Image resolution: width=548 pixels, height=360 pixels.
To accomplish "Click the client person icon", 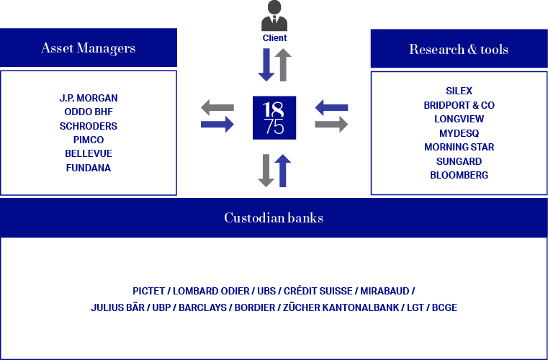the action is (x=274, y=16).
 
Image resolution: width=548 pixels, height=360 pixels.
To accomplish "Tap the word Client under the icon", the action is (x=274, y=37).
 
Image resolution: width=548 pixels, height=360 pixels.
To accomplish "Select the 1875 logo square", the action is (x=274, y=118).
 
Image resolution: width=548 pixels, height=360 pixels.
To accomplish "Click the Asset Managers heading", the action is (x=89, y=48).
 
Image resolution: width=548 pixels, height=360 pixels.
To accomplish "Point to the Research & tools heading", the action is (x=459, y=49).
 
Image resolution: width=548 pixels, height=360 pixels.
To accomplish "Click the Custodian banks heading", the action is (x=274, y=217).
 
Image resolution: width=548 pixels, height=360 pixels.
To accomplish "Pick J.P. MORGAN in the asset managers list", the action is (x=89, y=98).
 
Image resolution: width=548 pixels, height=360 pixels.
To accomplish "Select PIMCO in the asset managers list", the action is (x=89, y=140).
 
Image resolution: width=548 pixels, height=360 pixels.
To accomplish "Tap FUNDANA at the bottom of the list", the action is (x=89, y=168).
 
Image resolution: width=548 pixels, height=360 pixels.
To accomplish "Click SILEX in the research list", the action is (x=459, y=91).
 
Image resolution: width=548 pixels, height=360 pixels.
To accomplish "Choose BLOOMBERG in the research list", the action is (x=459, y=175).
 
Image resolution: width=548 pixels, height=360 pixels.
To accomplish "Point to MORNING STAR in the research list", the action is (x=459, y=147).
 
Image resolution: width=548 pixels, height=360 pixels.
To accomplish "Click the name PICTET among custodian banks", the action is (x=148, y=291).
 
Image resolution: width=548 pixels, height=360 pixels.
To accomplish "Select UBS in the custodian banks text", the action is (x=266, y=291).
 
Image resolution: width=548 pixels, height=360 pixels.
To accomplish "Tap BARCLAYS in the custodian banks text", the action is (x=202, y=307).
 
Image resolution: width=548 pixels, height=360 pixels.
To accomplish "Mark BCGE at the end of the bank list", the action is (x=444, y=307).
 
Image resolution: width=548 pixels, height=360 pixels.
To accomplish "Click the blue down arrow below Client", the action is (x=266, y=65).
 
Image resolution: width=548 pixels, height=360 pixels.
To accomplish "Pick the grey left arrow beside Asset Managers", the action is (x=217, y=108).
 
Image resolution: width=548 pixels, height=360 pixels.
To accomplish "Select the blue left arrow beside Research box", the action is (x=331, y=108).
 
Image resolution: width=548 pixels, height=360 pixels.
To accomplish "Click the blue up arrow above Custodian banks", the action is (x=283, y=171).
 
